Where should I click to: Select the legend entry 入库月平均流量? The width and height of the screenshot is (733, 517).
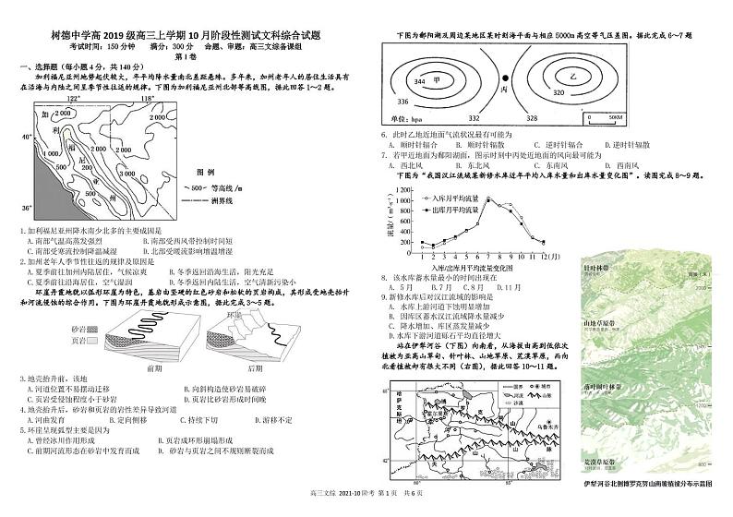click(x=455, y=198)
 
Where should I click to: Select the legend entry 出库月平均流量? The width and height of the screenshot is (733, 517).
click(x=455, y=210)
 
